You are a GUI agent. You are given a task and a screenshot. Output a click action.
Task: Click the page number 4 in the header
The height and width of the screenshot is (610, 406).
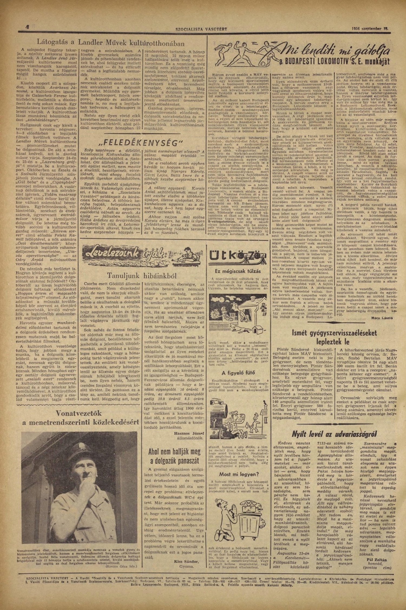[x=27, y=27]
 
